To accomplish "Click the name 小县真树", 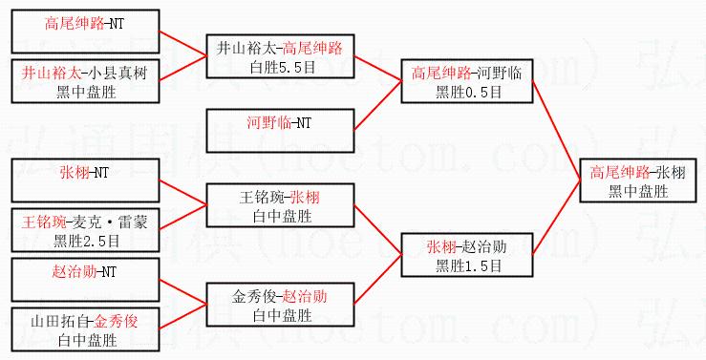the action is (x=118, y=73).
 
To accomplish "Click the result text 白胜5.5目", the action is (x=283, y=68).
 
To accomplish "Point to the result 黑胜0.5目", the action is (x=468, y=93).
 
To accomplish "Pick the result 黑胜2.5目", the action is (x=86, y=242).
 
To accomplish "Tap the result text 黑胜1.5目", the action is (x=468, y=266).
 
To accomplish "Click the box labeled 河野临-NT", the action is (x=281, y=131).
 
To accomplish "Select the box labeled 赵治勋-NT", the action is (x=86, y=280).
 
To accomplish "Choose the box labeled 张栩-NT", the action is (x=86, y=180).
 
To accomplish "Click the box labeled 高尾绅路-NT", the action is (x=86, y=32).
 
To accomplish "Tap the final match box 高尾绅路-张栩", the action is (x=638, y=180).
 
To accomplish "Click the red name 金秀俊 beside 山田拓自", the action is (x=117, y=321).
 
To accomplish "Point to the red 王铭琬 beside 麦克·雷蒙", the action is (x=44, y=222).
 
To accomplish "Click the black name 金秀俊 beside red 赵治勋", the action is (x=254, y=297).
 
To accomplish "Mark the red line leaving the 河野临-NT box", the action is (x=377, y=106).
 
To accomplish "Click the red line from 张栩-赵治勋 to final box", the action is (x=557, y=218).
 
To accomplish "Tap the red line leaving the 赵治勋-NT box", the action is (x=183, y=292).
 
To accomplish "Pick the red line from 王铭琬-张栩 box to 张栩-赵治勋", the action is (x=377, y=230).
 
